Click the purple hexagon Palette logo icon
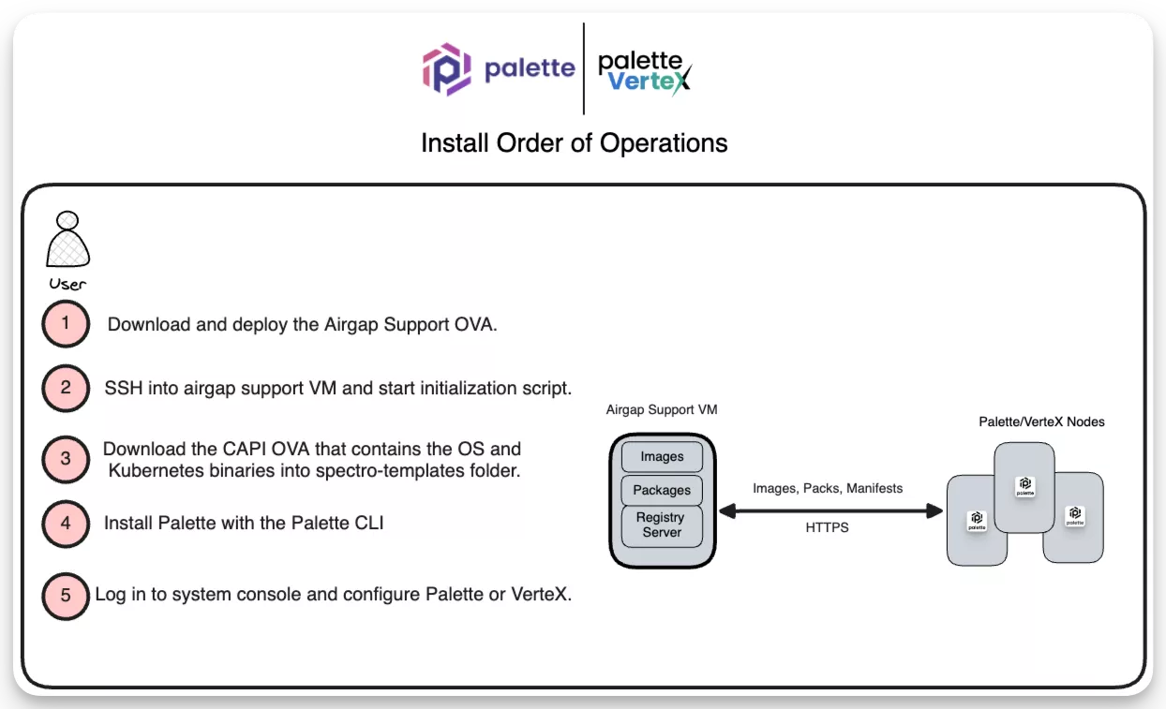pyautogui.click(x=445, y=69)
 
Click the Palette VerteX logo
pyautogui.click(x=645, y=71)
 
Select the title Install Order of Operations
pyautogui.click(x=574, y=143)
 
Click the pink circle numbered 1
pyautogui.click(x=66, y=324)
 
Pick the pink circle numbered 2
pyautogui.click(x=66, y=388)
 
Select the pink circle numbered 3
pyautogui.click(x=66, y=459)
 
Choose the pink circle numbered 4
pyautogui.click(x=66, y=523)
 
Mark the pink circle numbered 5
pyautogui.click(x=66, y=595)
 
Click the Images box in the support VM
pyautogui.click(x=662, y=457)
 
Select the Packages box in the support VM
pyautogui.click(x=662, y=490)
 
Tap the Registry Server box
pyautogui.click(x=662, y=525)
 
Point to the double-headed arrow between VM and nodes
pyautogui.click(x=829, y=510)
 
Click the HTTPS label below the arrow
pyautogui.click(x=827, y=528)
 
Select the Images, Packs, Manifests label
pyautogui.click(x=828, y=489)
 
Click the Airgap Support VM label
pyautogui.click(x=662, y=410)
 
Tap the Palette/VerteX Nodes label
pyautogui.click(x=1041, y=422)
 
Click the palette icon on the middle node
pyautogui.click(x=1024, y=486)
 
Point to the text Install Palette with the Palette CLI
pyautogui.click(x=244, y=523)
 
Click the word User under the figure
pyautogui.click(x=67, y=284)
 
